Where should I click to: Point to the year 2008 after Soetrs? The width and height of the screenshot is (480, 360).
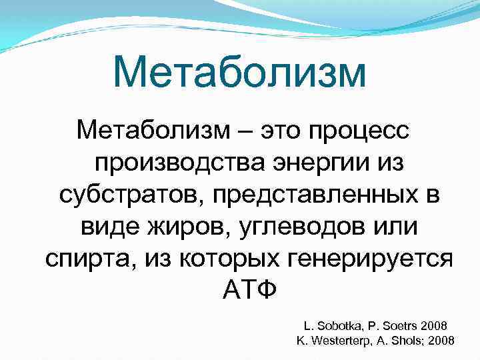pyautogui.click(x=435, y=326)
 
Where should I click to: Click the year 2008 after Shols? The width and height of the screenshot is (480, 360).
pyautogui.click(x=441, y=341)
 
